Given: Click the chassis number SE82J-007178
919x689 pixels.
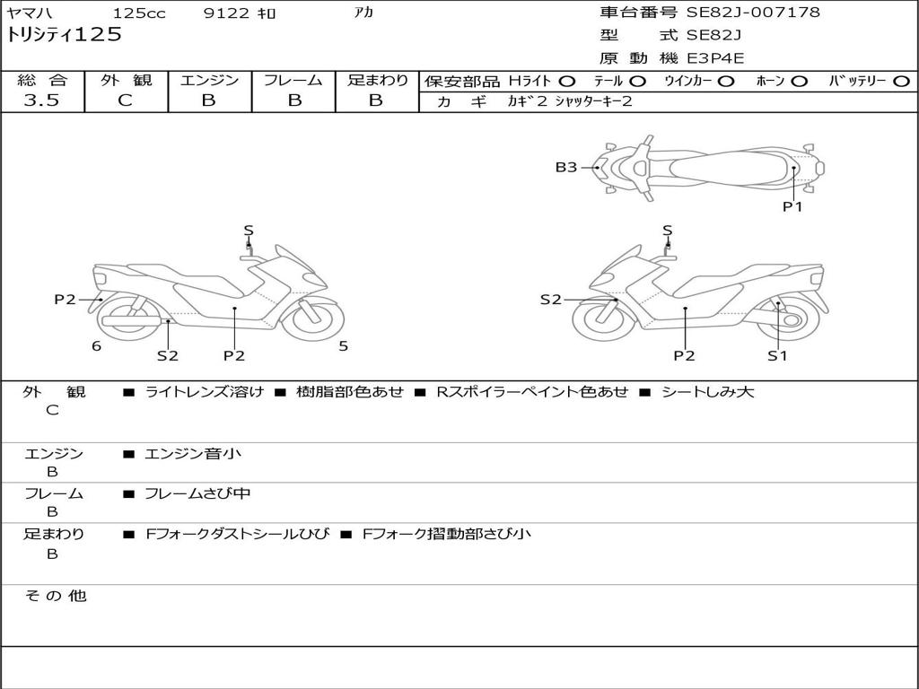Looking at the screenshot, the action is click(x=753, y=12).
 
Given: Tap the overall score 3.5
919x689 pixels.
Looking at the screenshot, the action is click(x=41, y=100).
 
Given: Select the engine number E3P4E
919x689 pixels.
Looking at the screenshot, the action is click(x=715, y=58).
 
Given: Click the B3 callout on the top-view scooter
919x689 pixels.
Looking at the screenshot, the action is click(x=566, y=168).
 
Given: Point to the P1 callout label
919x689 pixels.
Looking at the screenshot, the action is click(x=792, y=206).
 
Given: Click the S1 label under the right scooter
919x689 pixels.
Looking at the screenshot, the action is click(x=777, y=355).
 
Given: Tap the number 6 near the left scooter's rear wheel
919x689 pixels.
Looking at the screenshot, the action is click(x=96, y=346).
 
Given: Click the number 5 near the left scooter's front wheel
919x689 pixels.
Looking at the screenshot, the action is click(x=344, y=346).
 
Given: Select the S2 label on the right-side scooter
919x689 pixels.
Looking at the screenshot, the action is click(x=551, y=300).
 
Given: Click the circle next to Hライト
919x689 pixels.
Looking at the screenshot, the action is click(x=567, y=82).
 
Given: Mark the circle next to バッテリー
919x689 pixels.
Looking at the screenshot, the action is click(x=902, y=82).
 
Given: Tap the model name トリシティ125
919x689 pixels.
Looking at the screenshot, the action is click(x=64, y=35).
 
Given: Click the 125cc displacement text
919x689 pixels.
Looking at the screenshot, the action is click(x=139, y=13).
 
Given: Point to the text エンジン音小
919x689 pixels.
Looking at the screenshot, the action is click(x=193, y=453).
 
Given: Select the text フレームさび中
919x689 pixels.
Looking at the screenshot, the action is click(x=197, y=493).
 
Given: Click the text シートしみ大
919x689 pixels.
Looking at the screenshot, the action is click(x=707, y=391).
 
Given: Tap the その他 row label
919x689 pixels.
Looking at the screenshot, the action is click(x=55, y=596).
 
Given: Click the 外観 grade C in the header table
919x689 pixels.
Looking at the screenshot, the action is click(x=126, y=100).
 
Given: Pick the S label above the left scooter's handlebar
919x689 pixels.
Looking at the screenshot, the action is click(x=249, y=231).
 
